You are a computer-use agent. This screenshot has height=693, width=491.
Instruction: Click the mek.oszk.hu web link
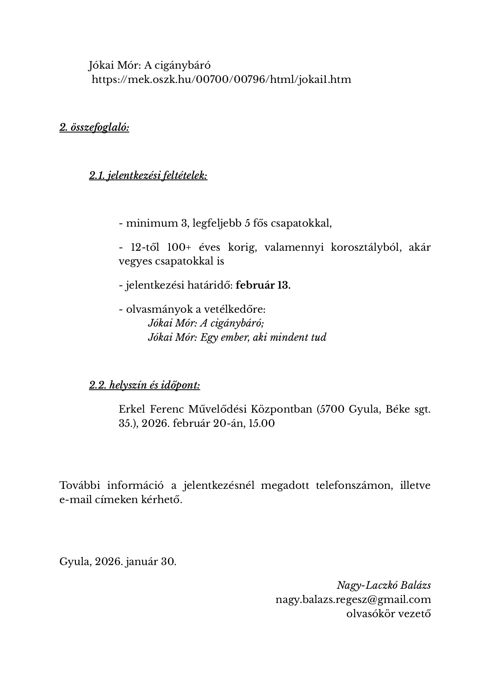point(221,79)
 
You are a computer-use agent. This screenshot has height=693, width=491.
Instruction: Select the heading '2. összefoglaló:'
point(94,128)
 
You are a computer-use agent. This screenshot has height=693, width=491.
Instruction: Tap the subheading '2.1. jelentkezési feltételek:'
point(148,176)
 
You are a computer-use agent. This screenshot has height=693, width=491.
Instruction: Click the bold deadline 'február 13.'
point(263,285)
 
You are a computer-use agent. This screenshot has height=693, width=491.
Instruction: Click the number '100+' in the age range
point(179,248)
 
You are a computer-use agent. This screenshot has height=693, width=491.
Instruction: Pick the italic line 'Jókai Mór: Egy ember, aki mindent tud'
point(237,337)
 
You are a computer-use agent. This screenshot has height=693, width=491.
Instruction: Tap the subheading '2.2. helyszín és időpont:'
point(144,385)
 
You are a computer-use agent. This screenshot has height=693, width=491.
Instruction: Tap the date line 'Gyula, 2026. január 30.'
point(118,562)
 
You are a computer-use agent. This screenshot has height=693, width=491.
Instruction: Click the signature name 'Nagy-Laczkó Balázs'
point(383,585)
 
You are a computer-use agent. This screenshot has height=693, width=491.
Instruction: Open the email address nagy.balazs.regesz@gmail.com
point(353,599)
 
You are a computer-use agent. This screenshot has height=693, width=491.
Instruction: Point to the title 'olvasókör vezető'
point(388,614)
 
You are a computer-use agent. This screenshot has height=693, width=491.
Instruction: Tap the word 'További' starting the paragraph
point(79,485)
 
